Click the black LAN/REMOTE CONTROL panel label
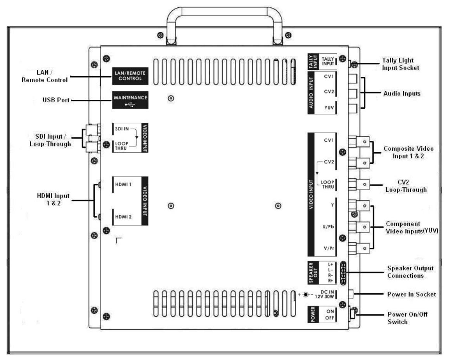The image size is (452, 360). coord(130,75)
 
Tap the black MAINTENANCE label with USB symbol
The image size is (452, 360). coord(130,100)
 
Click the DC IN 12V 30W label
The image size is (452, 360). coord(325,294)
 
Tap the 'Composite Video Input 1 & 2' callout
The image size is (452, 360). coord(408,152)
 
